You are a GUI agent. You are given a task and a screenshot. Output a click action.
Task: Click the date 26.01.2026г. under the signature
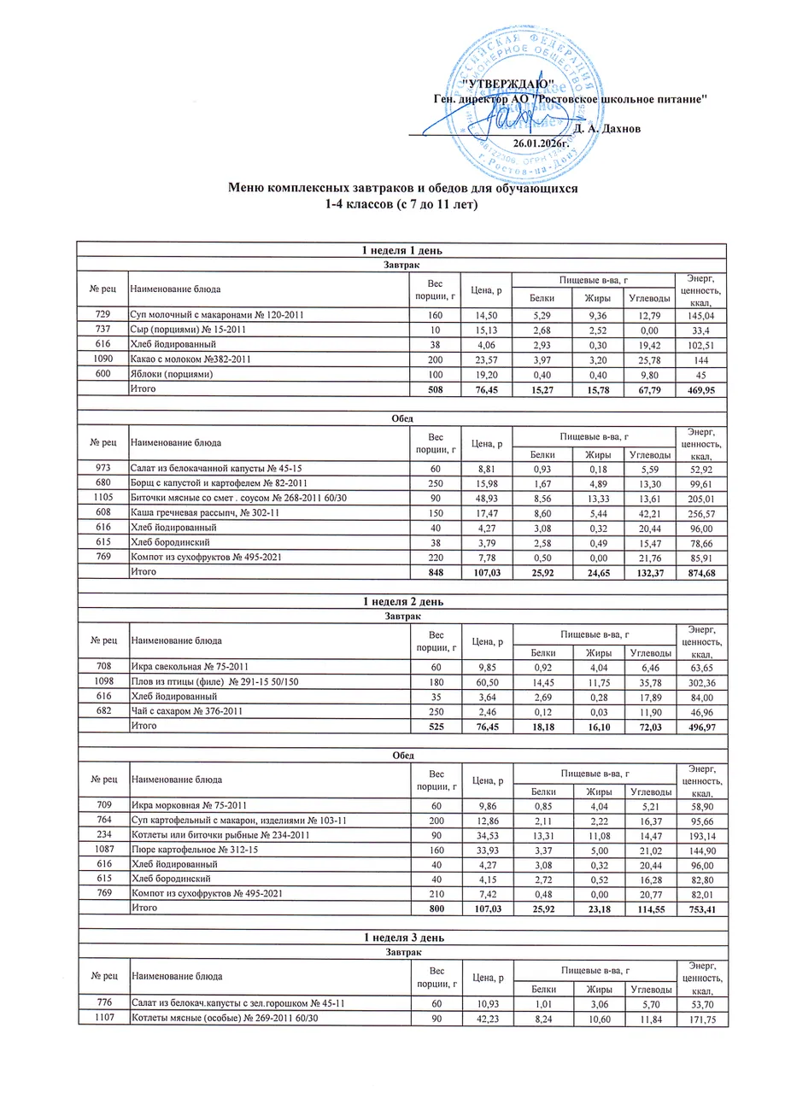tap(540, 143)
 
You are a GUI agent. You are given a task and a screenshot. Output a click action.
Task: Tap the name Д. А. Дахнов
tap(601, 129)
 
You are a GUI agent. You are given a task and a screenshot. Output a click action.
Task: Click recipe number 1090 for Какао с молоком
tap(103, 359)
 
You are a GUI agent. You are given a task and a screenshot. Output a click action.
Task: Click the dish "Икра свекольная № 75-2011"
tap(189, 665)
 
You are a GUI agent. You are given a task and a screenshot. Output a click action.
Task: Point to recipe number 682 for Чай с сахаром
tap(103, 710)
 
